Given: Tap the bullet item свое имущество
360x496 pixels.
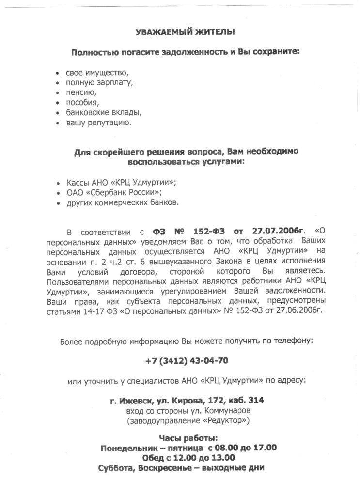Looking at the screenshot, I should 97,73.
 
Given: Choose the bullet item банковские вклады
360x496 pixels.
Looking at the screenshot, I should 104,112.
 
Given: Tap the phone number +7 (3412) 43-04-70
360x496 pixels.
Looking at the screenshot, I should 187,361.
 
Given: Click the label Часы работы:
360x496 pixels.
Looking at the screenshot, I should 187,438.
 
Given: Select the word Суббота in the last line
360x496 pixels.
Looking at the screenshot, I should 116,468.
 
